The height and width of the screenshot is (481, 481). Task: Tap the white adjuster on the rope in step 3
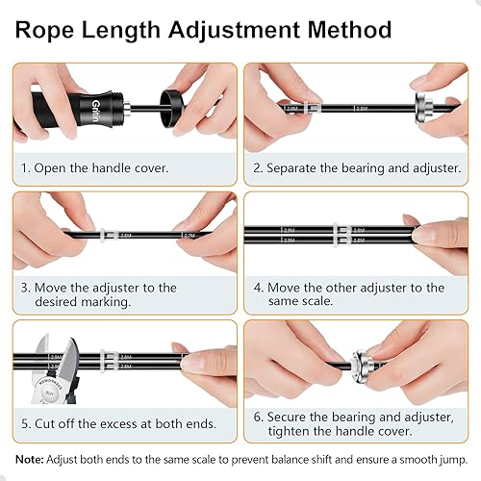pyautogui.click(x=108, y=233)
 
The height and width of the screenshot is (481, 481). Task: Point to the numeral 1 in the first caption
pyautogui.click(x=25, y=167)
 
